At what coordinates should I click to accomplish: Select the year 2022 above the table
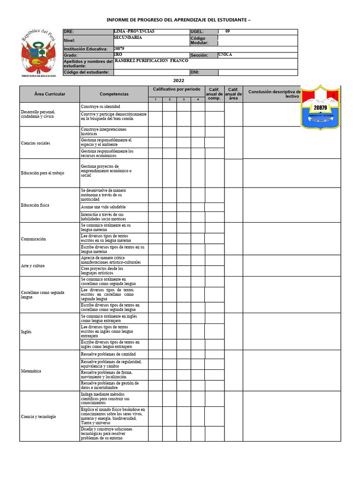[179, 81]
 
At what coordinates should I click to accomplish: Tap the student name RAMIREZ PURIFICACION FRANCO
[151, 61]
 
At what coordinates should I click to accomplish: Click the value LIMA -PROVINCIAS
[134, 31]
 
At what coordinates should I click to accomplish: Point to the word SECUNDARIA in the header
[127, 37]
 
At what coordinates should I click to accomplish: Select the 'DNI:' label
[195, 72]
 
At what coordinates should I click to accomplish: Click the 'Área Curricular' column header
[50, 94]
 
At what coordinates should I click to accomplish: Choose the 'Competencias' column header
[114, 94]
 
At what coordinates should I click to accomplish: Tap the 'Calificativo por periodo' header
[176, 89]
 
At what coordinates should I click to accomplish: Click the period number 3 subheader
[184, 99]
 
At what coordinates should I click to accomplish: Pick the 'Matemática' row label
[31, 371]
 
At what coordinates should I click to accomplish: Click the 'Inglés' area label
[26, 331]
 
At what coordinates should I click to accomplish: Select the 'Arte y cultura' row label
[33, 266]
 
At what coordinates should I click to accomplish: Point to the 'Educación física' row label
[35, 205]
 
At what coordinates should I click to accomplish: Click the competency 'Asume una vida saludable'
[103, 207]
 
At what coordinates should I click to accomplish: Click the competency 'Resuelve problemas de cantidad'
[108, 354]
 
